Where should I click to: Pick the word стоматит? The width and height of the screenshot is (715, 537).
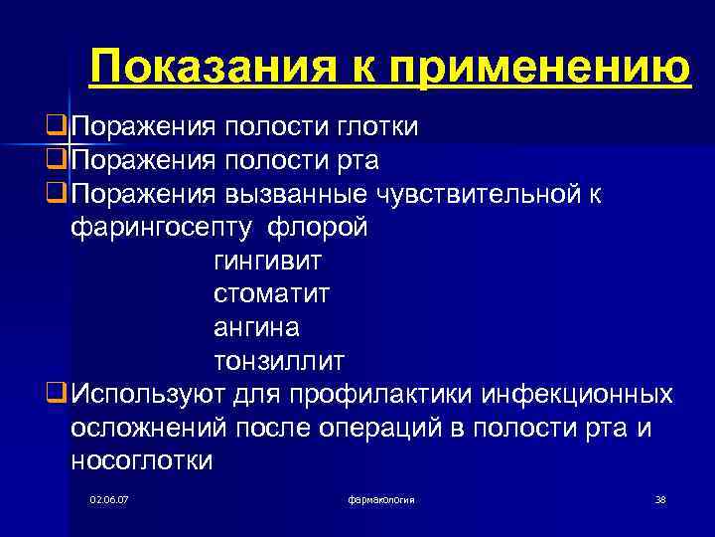(271, 294)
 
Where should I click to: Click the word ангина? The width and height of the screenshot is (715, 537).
(256, 327)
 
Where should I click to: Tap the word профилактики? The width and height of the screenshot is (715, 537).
(378, 394)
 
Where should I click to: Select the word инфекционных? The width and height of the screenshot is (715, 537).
(577, 394)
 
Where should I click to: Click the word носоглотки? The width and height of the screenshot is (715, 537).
(142, 459)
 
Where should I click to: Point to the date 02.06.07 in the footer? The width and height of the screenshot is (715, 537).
(108, 498)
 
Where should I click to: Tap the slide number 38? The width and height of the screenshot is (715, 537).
(660, 498)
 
